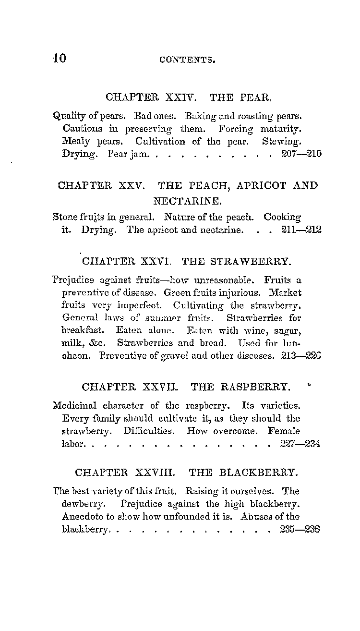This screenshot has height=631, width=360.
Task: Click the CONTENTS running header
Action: [187, 60]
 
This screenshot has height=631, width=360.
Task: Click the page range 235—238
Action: [300, 530]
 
